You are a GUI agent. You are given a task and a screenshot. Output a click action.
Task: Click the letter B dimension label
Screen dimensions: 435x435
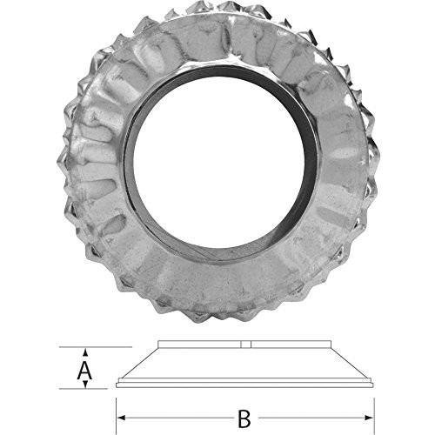244,418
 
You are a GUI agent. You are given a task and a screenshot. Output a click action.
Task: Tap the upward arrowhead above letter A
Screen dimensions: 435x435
84,352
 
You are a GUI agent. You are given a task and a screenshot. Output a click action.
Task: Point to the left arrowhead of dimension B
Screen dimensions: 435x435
121,418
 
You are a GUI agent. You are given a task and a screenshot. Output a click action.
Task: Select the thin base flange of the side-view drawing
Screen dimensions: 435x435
244,384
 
